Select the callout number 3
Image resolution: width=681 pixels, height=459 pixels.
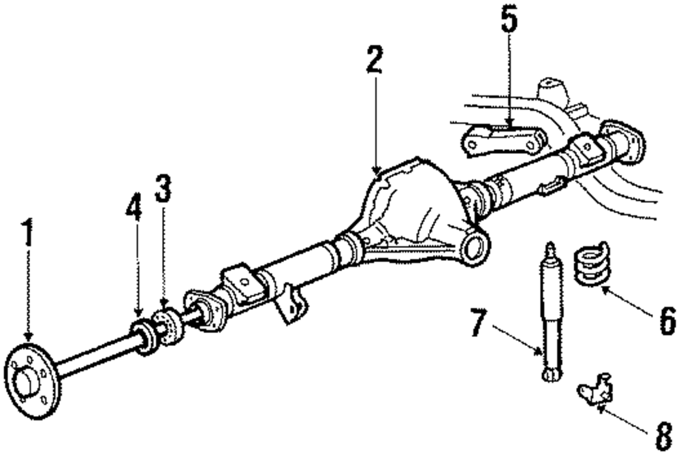tap(162, 189)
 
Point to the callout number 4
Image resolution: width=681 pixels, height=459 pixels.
tap(134, 209)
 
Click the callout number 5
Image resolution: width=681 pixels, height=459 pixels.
tap(509, 22)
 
